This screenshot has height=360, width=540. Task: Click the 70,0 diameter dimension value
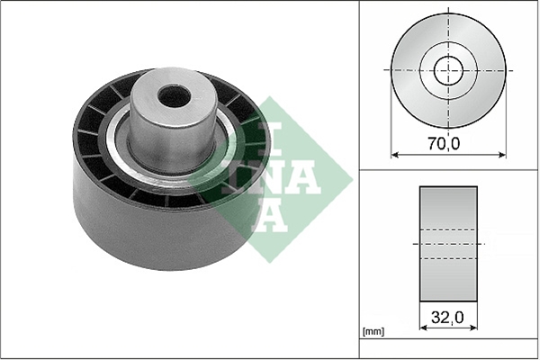[x=444, y=143]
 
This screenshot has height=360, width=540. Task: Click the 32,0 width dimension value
[x=447, y=317]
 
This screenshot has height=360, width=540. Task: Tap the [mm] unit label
[x=373, y=332]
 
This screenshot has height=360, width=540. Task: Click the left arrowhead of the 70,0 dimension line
[x=395, y=155]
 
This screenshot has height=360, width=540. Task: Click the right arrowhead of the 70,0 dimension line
[x=502, y=155]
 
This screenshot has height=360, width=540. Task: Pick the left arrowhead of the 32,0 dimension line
[x=424, y=328]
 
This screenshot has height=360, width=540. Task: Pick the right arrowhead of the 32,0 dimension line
[x=473, y=328]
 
